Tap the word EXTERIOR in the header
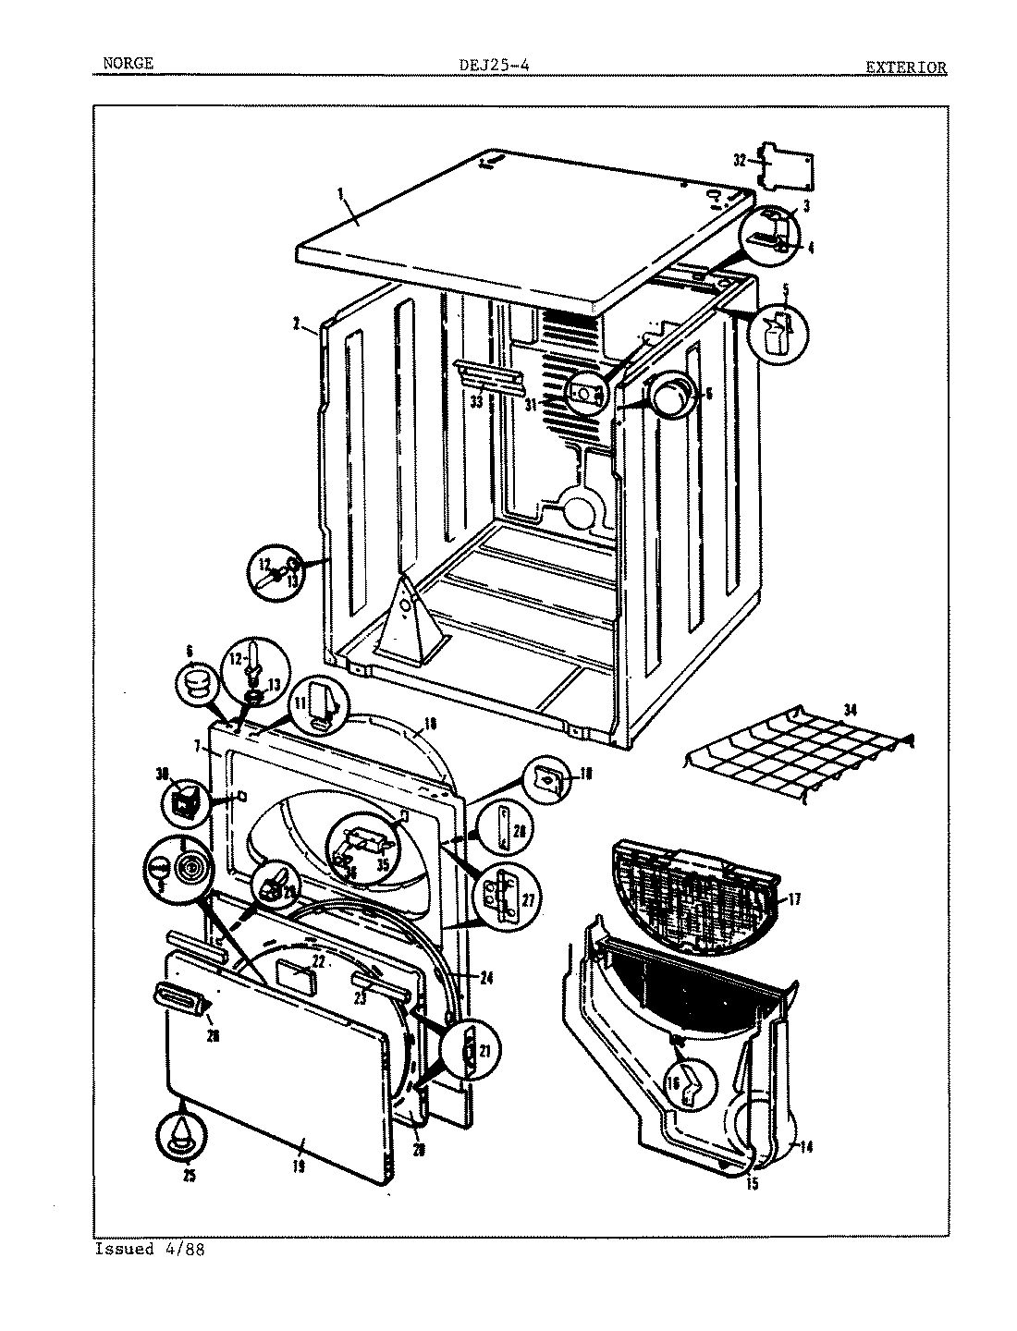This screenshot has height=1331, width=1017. (x=905, y=67)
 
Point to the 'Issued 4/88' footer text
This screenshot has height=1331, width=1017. (x=149, y=1249)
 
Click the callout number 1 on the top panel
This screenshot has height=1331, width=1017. (x=340, y=193)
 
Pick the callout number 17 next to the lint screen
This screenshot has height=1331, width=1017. (x=792, y=897)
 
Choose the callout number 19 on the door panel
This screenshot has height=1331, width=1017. (x=298, y=1166)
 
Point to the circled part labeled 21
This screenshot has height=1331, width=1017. (x=470, y=1050)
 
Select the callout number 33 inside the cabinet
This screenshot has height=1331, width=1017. (x=476, y=402)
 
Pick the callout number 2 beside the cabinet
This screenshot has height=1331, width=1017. (x=296, y=324)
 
